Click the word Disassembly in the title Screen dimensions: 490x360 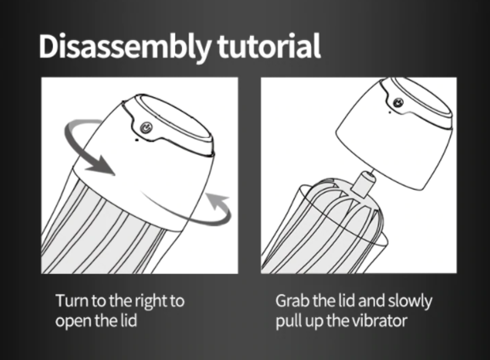tap(125, 47)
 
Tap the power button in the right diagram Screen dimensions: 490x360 tap(398, 102)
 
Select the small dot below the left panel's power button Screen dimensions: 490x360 tap(136, 140)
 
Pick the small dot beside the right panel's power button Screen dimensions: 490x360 tap(390, 112)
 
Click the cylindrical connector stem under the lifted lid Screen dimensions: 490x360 tap(364, 183)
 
